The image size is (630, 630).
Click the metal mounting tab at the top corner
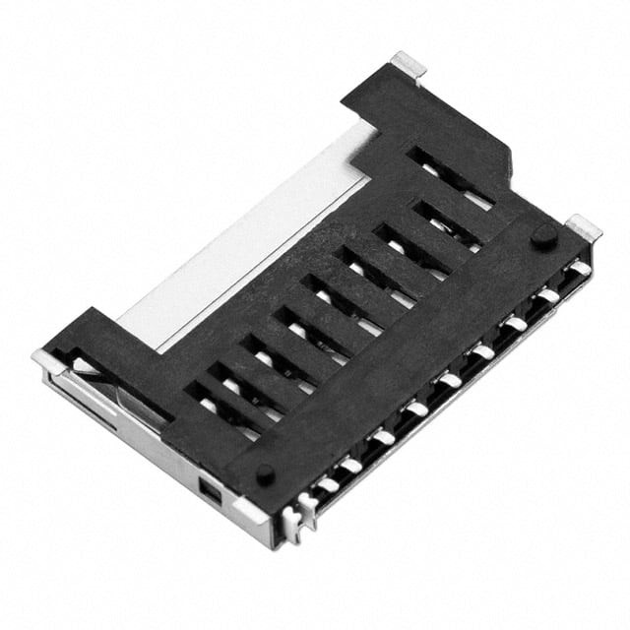(x=408, y=65)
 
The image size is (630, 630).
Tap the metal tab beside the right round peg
(x=584, y=228)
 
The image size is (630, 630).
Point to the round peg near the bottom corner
(x=265, y=472)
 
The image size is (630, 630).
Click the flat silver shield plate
(x=256, y=246)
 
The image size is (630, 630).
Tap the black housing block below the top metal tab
(x=433, y=118)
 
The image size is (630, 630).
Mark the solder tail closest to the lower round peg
(x=325, y=483)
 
